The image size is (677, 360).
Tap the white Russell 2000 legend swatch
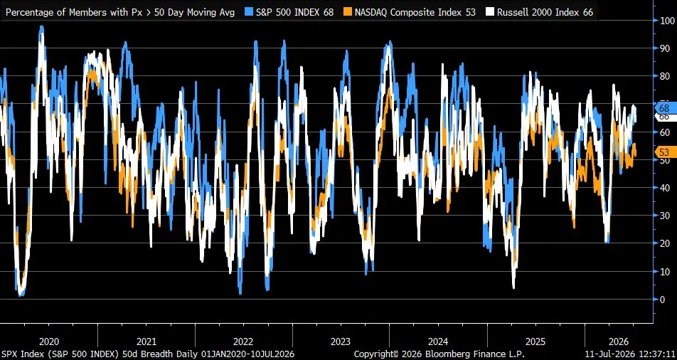(489, 12)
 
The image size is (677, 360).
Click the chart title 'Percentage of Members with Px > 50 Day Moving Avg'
(120, 12)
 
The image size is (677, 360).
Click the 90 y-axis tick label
(664, 48)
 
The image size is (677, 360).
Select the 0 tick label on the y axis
(662, 299)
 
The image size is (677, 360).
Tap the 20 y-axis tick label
(664, 243)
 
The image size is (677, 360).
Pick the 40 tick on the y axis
(664, 188)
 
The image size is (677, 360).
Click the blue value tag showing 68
(663, 107)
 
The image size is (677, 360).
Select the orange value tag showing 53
(663, 152)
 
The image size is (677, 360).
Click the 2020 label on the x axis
(49, 342)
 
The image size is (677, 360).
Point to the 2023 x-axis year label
(341, 342)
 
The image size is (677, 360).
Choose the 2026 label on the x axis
(618, 342)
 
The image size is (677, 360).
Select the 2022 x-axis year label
(243, 342)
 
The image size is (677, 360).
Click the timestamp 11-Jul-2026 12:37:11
(629, 354)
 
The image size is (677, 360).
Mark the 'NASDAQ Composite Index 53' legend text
(415, 12)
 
